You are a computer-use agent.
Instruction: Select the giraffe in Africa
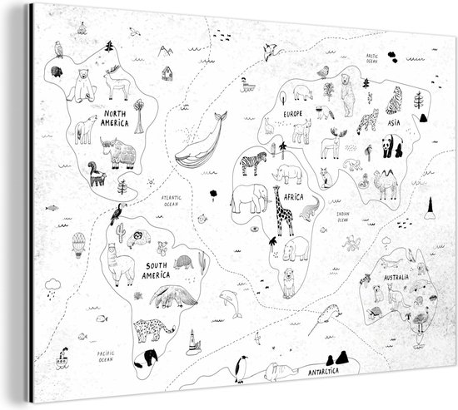click(x=282, y=215)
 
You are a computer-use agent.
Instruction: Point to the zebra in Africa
click(x=253, y=163)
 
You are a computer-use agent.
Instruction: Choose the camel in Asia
click(x=386, y=182)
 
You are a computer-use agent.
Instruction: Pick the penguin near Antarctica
click(x=240, y=367)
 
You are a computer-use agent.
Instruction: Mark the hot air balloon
click(x=78, y=244)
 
